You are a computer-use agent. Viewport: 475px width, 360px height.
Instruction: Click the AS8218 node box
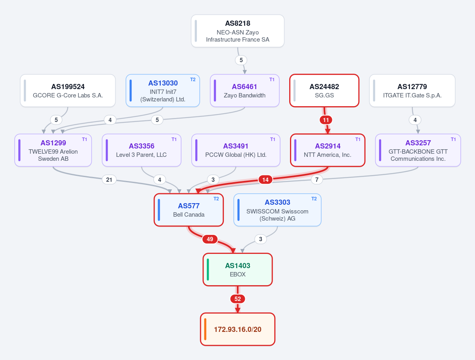[x=238, y=31]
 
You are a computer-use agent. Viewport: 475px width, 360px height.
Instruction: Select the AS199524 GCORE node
[x=68, y=91]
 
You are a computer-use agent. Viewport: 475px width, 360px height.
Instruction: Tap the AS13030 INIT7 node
[x=163, y=91]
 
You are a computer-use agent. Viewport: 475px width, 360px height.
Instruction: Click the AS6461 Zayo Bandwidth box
[x=244, y=91]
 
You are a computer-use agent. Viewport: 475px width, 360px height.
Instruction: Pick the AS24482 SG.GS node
[x=324, y=91]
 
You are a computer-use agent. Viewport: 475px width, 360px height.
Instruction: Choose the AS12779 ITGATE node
[x=412, y=91]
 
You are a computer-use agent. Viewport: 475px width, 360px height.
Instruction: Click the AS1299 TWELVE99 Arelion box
[x=53, y=150]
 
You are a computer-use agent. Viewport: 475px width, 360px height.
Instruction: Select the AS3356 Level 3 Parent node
[x=141, y=150]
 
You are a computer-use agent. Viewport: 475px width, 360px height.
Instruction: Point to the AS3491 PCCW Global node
[x=236, y=150]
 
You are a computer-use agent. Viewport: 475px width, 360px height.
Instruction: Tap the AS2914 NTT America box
[x=328, y=150]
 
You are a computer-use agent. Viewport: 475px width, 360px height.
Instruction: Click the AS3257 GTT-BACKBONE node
[x=418, y=150]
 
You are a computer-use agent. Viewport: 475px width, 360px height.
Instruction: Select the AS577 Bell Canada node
[x=189, y=210]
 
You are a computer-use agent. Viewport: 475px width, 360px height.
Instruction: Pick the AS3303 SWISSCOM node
[x=277, y=210]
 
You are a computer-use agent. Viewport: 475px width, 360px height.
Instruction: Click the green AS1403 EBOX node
[x=238, y=269]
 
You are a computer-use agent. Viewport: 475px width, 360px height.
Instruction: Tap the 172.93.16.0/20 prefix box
[x=238, y=329]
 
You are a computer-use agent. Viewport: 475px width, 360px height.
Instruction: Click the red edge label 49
[x=210, y=239]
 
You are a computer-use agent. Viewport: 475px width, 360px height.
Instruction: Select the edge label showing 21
[x=109, y=179]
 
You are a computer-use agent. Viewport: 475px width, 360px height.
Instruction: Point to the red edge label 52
[x=238, y=299]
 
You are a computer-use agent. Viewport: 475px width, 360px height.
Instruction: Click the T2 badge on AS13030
[x=193, y=79]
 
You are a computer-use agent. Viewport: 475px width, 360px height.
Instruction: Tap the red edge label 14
[x=265, y=179]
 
